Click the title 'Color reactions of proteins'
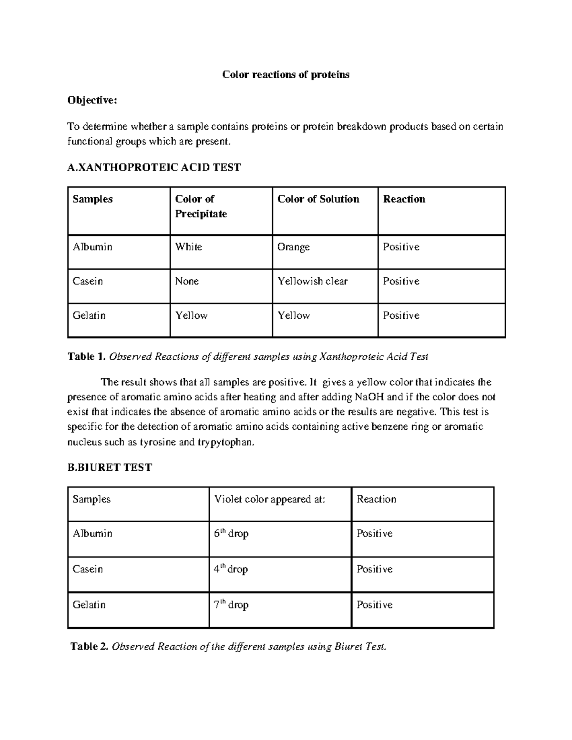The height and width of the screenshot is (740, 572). point(286,75)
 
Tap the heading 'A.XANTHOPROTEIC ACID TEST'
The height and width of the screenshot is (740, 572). point(154,167)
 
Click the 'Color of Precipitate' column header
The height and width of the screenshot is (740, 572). point(201,206)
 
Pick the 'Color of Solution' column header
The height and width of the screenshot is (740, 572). point(318,199)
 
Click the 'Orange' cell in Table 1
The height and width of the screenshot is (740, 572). point(294,247)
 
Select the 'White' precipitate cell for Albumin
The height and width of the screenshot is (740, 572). point(189,247)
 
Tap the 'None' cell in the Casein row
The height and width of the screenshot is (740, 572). point(187,281)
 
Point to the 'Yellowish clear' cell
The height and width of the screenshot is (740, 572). point(312,281)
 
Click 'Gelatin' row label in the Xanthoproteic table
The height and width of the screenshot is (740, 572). point(89,315)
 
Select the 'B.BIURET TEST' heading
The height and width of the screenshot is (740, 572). point(110,467)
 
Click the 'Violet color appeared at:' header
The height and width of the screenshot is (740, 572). point(270,499)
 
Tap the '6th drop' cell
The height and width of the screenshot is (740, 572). point(231,534)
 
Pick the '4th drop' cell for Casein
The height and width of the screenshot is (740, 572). point(231,569)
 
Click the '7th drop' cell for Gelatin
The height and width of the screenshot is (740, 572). point(231,605)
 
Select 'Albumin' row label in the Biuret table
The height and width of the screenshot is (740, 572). point(92,534)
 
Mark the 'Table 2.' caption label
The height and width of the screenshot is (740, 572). point(90,647)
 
